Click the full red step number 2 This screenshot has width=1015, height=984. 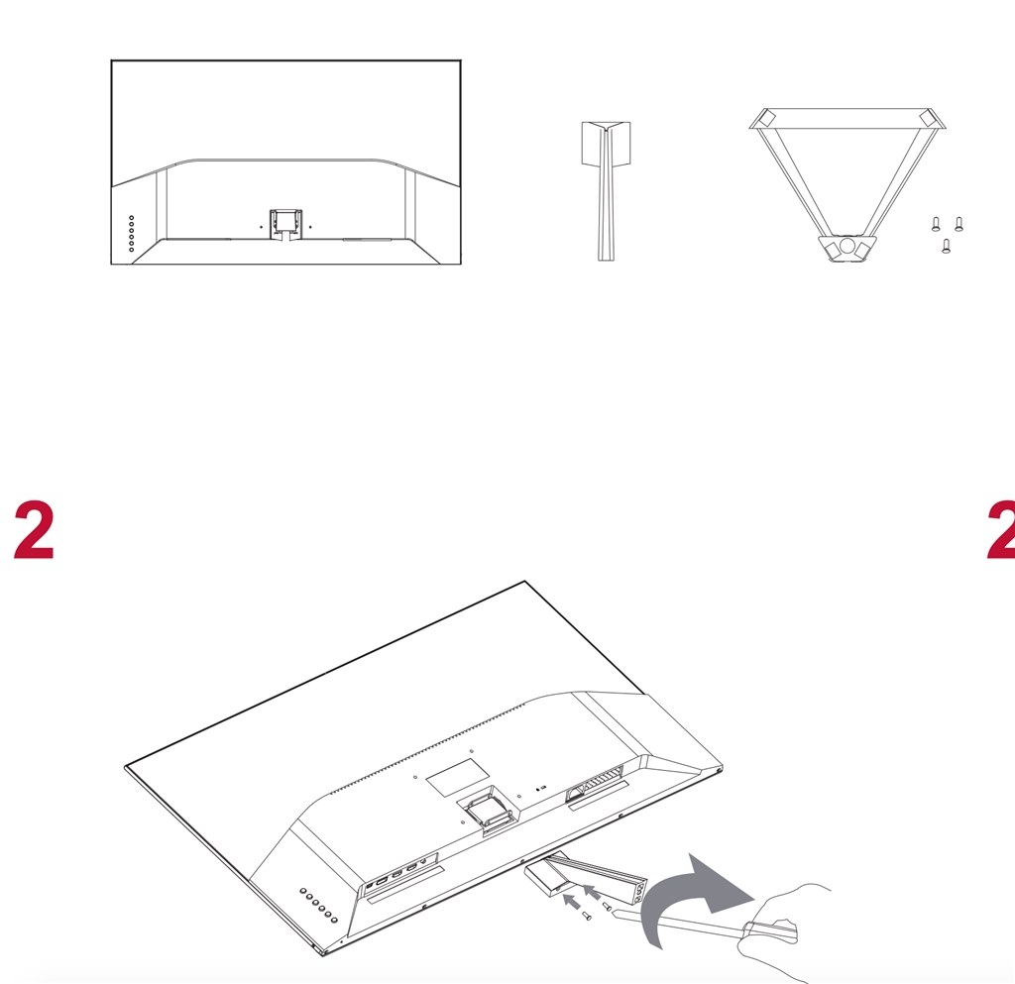tap(34, 529)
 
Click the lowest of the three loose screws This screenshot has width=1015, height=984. tap(947, 246)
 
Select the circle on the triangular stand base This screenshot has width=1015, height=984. tap(846, 246)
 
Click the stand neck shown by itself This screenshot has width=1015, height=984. tap(606, 191)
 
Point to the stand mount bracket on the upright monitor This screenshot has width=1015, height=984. tap(284, 224)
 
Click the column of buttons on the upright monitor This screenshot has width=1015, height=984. tap(132, 234)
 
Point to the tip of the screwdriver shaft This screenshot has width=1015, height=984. tap(613, 910)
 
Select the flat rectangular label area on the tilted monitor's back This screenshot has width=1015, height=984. tap(458, 777)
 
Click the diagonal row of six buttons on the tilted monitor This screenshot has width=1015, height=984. tap(318, 905)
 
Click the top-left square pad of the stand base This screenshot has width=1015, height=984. tap(767, 118)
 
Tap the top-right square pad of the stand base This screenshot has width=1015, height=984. tap(927, 118)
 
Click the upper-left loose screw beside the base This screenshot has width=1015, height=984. tap(936, 224)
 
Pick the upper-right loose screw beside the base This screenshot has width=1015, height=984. tap(959, 224)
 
